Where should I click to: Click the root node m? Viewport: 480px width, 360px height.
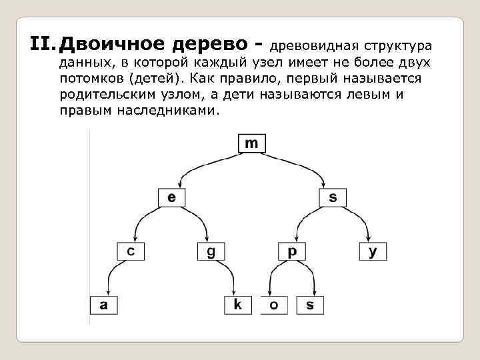[x=251, y=143]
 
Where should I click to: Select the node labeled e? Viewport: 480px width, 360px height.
[x=171, y=197]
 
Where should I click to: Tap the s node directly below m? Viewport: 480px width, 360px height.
[x=333, y=197]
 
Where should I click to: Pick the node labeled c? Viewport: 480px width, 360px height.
[x=131, y=251]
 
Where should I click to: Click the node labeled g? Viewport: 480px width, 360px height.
[x=211, y=251]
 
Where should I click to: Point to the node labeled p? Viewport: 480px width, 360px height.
[x=292, y=251]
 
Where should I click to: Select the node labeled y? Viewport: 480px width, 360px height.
[x=373, y=251]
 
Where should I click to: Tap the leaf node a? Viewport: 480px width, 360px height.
[x=104, y=305]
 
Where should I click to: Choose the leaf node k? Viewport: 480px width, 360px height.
[x=238, y=305]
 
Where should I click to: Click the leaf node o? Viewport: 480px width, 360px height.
[x=273, y=305]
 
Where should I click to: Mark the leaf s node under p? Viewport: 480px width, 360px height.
[x=309, y=305]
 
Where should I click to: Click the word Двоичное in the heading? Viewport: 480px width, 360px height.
[x=110, y=45]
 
